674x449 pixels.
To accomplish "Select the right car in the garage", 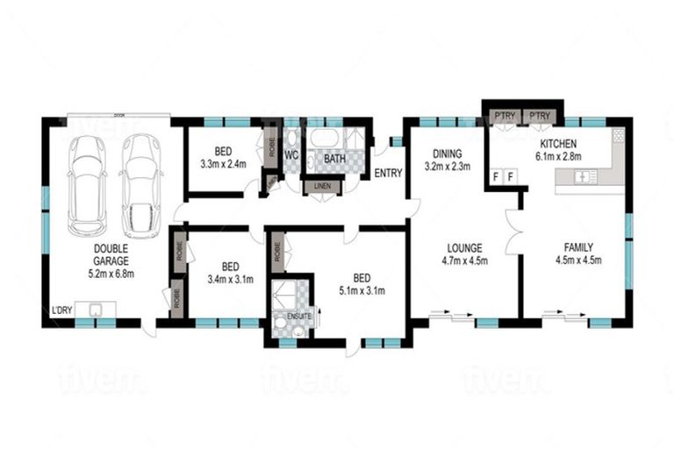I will pyautogui.click(x=140, y=184).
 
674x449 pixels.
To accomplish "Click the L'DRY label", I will pyautogui.click(x=61, y=310).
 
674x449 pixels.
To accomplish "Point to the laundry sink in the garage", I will pyautogui.click(x=95, y=310).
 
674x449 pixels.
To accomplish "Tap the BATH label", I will pyautogui.click(x=334, y=159).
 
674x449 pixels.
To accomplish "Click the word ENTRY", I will pyautogui.click(x=388, y=173).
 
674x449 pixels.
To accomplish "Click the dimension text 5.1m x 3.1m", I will pyautogui.click(x=363, y=290).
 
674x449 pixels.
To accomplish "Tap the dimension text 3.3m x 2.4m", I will pyautogui.click(x=224, y=163).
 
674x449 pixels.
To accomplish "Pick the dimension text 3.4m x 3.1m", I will pyautogui.click(x=229, y=280).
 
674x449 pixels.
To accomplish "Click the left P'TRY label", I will pyautogui.click(x=503, y=116).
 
